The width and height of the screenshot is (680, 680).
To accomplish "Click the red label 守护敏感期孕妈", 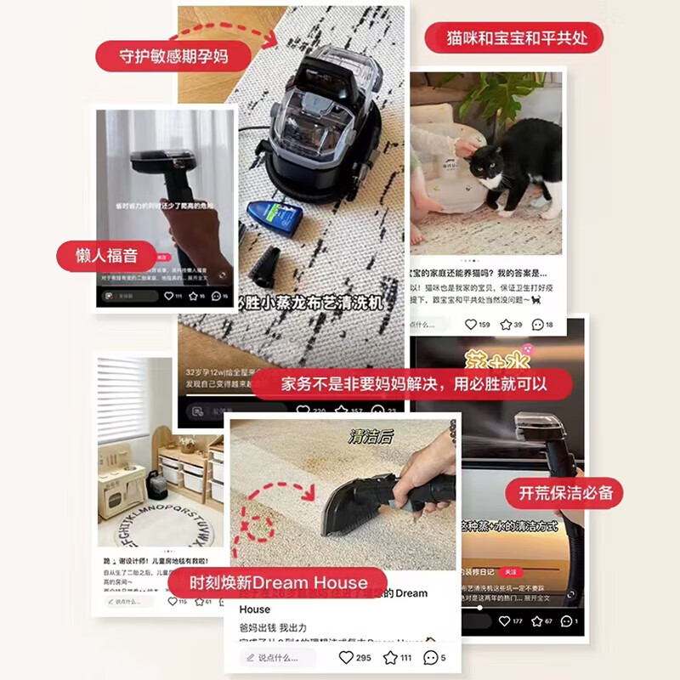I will coord(173,55).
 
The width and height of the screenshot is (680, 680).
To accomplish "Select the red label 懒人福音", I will coord(107,255).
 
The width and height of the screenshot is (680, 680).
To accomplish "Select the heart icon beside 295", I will coord(346,657).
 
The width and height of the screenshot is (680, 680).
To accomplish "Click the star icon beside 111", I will coord(390,657).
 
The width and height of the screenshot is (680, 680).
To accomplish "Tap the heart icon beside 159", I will coord(470,324).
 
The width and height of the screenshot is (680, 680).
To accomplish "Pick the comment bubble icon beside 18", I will coord(537,324).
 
